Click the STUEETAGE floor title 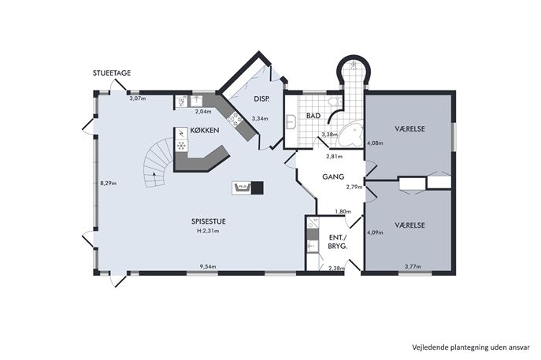click(112, 72)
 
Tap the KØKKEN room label click(205, 131)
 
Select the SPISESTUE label click(209, 221)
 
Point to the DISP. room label click(262, 98)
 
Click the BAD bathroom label click(313, 116)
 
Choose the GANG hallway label click(333, 176)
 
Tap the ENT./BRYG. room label click(338, 242)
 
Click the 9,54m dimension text click(208, 266)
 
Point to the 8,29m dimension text click(109, 184)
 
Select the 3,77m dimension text click(413, 266)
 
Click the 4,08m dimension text click(375, 143)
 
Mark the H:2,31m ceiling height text click(208, 231)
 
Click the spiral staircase click(157, 163)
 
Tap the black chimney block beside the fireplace click(257, 187)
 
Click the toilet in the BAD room click(335, 102)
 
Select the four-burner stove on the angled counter click(235, 120)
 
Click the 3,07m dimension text click(138, 98)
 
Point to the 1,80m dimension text click(343, 212)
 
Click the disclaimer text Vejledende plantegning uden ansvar click(471, 347)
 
